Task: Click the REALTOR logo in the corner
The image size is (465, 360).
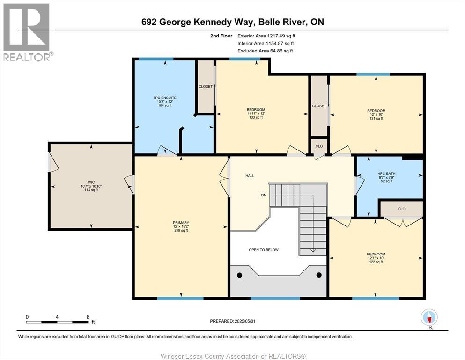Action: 27,31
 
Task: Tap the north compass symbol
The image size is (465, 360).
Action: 429,317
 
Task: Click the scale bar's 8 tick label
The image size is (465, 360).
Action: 88,317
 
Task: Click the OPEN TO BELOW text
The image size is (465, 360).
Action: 263,250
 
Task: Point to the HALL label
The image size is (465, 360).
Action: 250,176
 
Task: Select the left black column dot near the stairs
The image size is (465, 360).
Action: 240,275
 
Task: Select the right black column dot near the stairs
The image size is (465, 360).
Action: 319,275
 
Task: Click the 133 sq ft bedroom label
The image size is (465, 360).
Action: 256,113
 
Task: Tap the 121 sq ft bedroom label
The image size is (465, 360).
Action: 376,114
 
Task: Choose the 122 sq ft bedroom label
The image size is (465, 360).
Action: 376,257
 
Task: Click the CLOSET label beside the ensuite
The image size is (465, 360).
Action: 205,87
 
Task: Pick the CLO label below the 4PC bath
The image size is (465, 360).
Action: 401,209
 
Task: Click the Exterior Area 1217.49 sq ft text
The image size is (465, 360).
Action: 266,36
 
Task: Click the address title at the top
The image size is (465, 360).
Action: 232,22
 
